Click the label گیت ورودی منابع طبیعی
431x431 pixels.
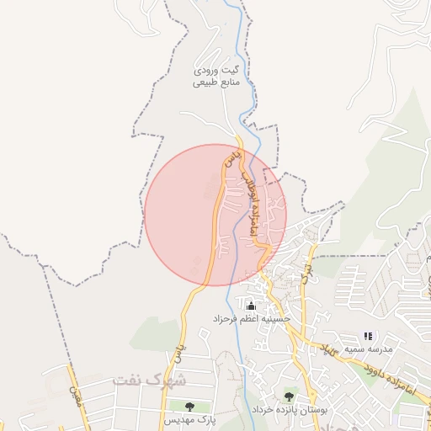coord(216,77)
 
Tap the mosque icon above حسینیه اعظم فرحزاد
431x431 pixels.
coord(249,304)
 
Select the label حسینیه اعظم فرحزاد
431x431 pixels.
coord(252,319)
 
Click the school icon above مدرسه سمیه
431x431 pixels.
coord(368,337)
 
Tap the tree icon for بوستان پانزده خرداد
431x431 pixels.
coord(290,396)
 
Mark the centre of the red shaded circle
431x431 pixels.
coord(215,215)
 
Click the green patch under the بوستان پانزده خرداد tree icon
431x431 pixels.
coord(290,403)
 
